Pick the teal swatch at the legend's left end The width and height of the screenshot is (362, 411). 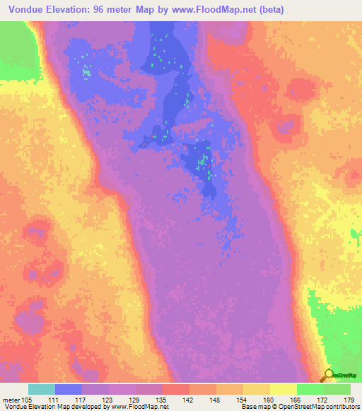click(x=41, y=389)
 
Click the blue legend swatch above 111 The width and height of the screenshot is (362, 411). click(x=68, y=389)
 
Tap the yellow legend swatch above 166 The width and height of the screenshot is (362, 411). click(x=283, y=389)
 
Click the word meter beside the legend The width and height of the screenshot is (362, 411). click(x=12, y=400)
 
